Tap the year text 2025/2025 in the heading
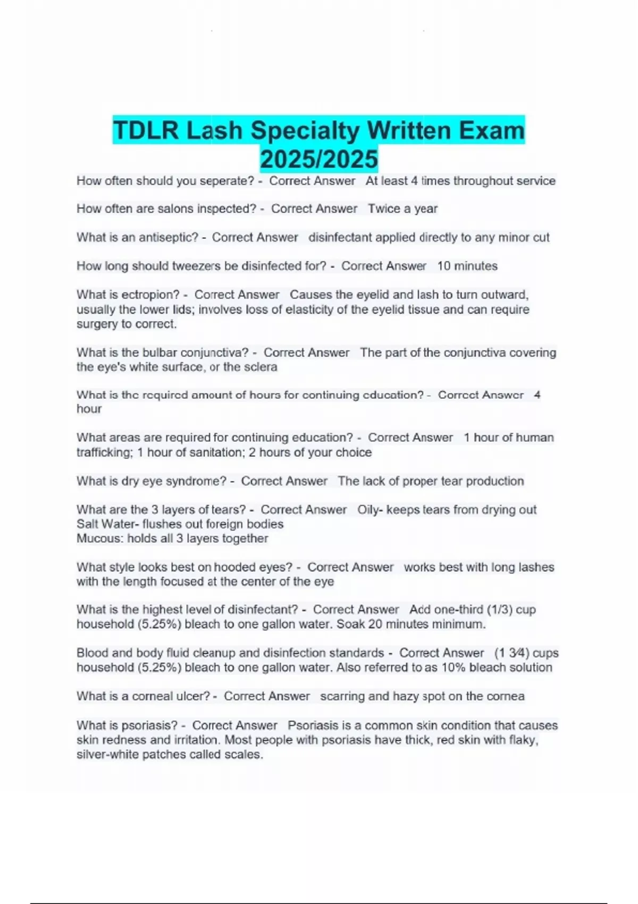pos(319,159)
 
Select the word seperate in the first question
pos(226,181)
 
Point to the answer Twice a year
pos(402,208)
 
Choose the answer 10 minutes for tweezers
pos(467,266)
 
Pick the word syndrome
pos(196,481)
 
